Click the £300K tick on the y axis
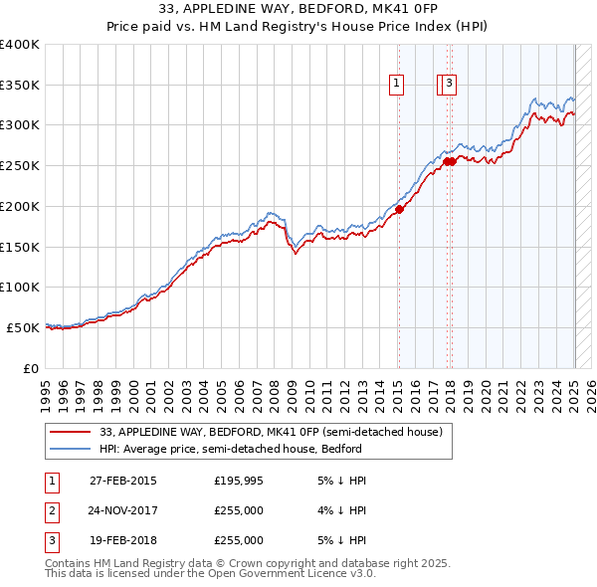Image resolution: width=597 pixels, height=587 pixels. coord(19,125)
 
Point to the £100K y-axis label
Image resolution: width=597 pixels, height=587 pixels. coord(19,287)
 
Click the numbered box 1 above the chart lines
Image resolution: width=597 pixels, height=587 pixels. coord(397,85)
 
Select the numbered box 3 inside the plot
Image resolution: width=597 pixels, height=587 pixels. coord(450,85)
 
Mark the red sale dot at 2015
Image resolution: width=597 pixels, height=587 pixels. coord(398,209)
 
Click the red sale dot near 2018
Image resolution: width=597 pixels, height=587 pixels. coord(450,161)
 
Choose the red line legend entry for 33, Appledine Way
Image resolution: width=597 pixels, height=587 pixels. coord(277,432)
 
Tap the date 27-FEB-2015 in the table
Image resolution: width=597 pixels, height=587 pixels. coord(122,481)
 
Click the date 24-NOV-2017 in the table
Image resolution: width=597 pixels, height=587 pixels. coord(122,510)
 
